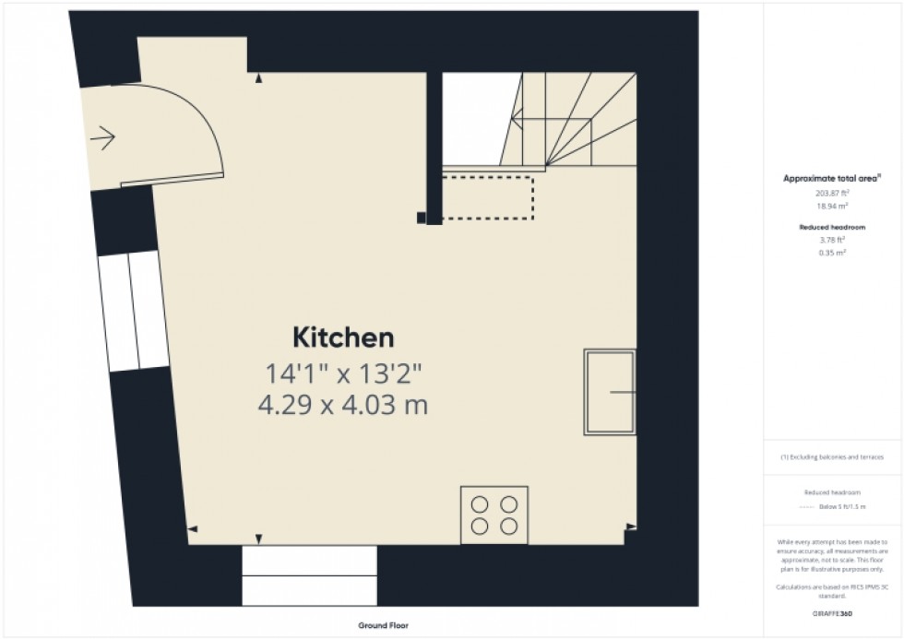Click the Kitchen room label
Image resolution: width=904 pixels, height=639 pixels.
[x=343, y=337]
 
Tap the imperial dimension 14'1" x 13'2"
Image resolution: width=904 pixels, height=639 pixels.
[x=344, y=373]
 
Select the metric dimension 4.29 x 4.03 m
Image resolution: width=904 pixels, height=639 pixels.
[x=346, y=404]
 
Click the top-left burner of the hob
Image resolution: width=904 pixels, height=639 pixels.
[x=480, y=504]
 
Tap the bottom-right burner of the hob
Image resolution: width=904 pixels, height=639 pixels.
[x=508, y=526]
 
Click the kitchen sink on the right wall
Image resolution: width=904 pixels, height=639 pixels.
[x=610, y=392]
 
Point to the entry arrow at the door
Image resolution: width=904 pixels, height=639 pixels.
[x=102, y=139]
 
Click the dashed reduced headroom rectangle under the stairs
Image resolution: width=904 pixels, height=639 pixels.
[x=487, y=196]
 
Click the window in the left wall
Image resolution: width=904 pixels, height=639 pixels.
[x=133, y=310]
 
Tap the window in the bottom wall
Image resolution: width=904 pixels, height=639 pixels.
[x=310, y=574]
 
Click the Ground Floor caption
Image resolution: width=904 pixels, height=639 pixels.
[x=384, y=626]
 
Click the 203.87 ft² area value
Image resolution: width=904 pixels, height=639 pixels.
[x=832, y=194]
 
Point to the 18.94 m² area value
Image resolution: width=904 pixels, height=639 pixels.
[x=832, y=207]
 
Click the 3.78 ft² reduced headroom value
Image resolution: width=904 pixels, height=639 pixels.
[x=832, y=240]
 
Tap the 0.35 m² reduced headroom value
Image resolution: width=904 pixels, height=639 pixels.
[x=832, y=252]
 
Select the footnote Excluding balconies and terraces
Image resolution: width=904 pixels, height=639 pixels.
[x=832, y=457]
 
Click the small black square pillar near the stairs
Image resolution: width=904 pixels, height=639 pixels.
[x=422, y=219]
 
